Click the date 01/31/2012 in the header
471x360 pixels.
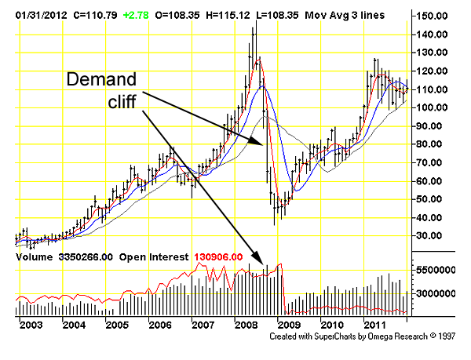click(32, 15)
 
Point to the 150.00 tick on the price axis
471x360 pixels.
click(432, 16)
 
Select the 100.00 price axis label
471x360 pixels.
click(432, 107)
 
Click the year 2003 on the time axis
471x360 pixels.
click(31, 325)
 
